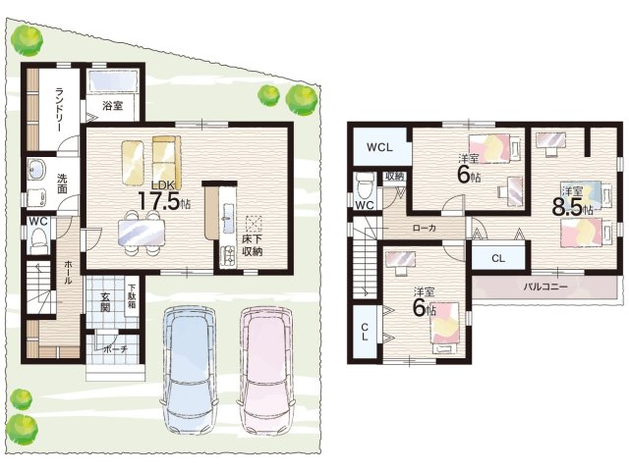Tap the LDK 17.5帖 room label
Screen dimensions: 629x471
(163, 196)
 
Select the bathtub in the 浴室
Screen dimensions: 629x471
(113, 81)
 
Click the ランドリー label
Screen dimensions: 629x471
(59, 109)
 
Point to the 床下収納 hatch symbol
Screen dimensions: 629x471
(254, 224)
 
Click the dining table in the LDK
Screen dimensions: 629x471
(142, 233)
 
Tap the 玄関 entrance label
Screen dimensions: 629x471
(105, 303)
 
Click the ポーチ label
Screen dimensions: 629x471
(116, 349)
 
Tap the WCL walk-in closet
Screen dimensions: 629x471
(380, 146)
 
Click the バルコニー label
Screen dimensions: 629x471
(545, 287)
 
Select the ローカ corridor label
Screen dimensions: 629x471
(425, 228)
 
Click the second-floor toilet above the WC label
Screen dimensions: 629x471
(365, 185)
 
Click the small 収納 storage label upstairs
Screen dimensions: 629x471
(395, 177)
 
